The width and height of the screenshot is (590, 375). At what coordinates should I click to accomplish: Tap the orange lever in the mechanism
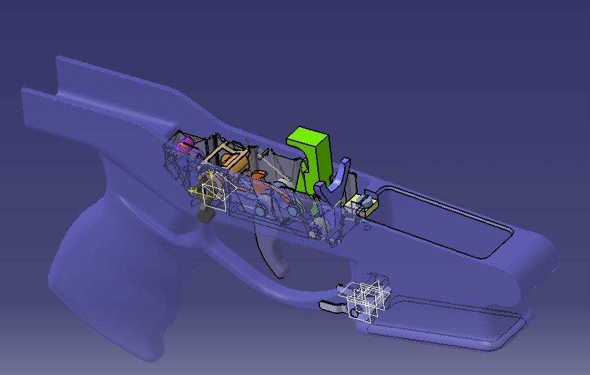point(260,183)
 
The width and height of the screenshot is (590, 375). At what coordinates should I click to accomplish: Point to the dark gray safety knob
point(204,216)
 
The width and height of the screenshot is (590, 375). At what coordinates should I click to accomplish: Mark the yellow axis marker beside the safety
point(192,190)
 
